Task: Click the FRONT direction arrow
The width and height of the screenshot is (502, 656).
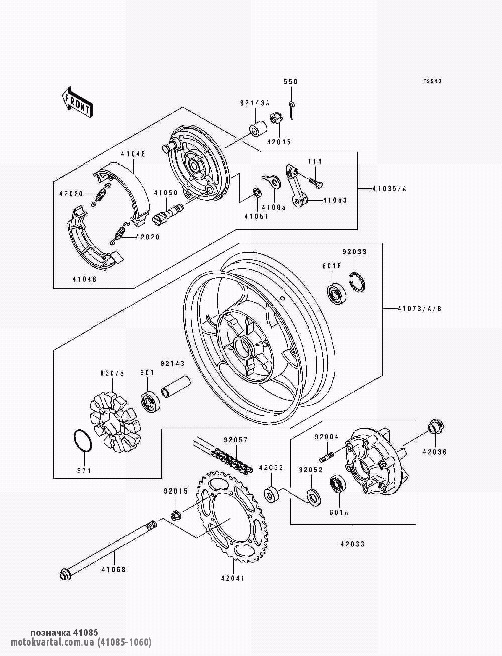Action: (78, 102)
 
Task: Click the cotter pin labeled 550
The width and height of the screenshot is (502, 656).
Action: (292, 110)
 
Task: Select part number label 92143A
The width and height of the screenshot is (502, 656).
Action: (255, 103)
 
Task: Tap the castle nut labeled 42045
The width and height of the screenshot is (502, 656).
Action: (276, 119)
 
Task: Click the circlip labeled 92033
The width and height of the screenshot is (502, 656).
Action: (357, 282)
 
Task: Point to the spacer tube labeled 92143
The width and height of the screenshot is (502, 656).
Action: (176, 386)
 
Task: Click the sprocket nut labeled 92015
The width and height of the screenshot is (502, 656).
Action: (176, 515)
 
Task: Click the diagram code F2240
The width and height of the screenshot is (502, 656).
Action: (432, 81)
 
